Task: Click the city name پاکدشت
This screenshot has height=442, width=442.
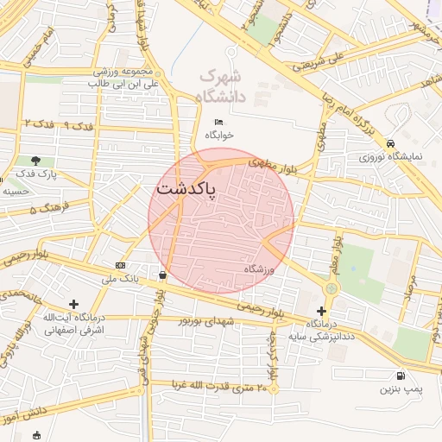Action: (186, 187)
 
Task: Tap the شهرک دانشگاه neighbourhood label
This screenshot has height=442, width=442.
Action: (221, 86)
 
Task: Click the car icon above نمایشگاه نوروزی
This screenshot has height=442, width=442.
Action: (391, 143)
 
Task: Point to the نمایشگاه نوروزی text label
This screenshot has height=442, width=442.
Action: (391, 158)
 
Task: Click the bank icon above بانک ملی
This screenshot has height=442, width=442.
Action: (120, 265)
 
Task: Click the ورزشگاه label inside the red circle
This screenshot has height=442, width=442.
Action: (258, 269)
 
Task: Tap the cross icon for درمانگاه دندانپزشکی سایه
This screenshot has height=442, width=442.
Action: (322, 311)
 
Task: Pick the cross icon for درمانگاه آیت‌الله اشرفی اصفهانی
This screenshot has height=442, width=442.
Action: (73, 304)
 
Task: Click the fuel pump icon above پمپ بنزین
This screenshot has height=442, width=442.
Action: (401, 376)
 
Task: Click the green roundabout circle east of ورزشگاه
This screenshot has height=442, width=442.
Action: (333, 289)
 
